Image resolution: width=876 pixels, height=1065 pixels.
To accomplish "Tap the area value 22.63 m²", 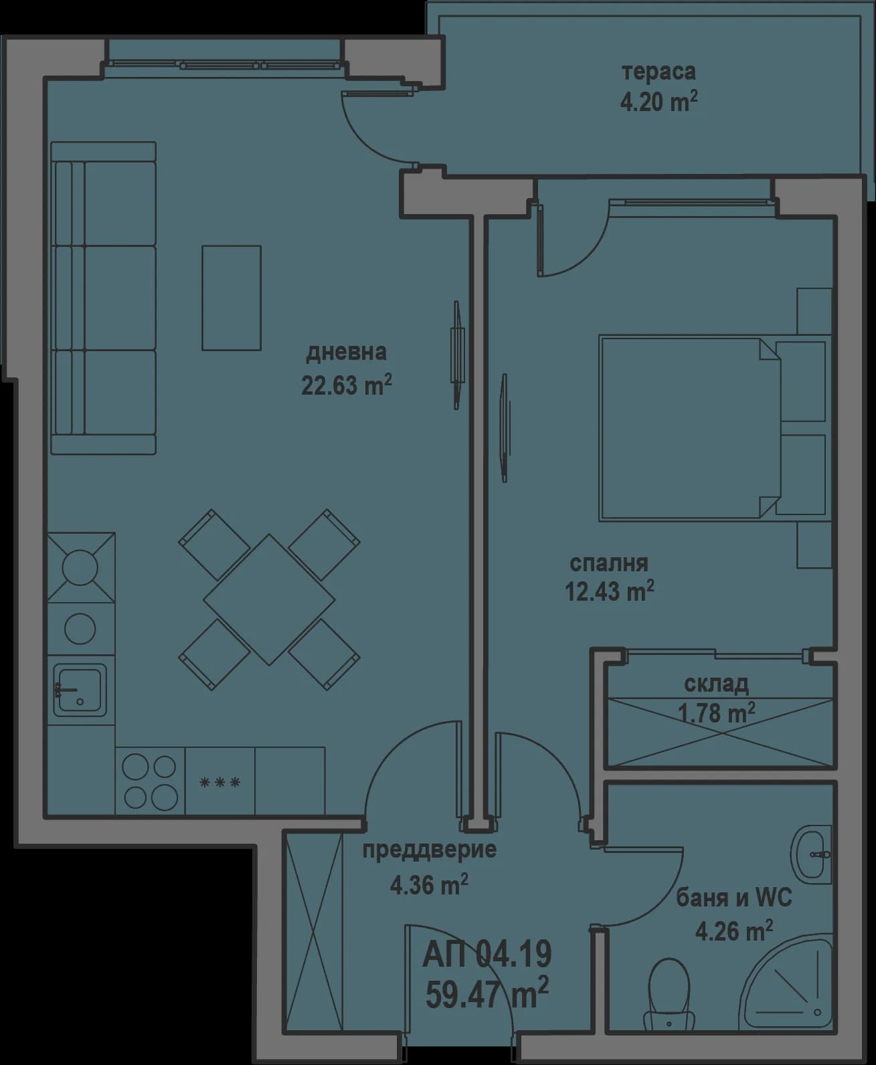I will [x=346, y=386].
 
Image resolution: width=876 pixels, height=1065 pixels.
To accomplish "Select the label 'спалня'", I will [x=608, y=563].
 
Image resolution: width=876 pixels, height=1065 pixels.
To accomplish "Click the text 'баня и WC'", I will [x=733, y=898].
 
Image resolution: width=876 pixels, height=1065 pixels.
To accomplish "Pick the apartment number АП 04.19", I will [x=487, y=955].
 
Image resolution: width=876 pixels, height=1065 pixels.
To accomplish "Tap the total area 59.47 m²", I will [x=487, y=992].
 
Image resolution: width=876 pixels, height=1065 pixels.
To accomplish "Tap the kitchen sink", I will [x=80, y=690].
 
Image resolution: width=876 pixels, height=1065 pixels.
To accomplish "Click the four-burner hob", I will [x=150, y=781].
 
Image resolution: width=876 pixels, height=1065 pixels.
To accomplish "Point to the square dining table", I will [x=269, y=599].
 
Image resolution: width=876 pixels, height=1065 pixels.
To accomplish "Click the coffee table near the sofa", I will [x=232, y=298].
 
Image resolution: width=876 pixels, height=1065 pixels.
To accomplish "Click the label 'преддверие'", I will [x=429, y=851].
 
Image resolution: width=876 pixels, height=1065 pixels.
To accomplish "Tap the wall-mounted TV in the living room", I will [x=457, y=355].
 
